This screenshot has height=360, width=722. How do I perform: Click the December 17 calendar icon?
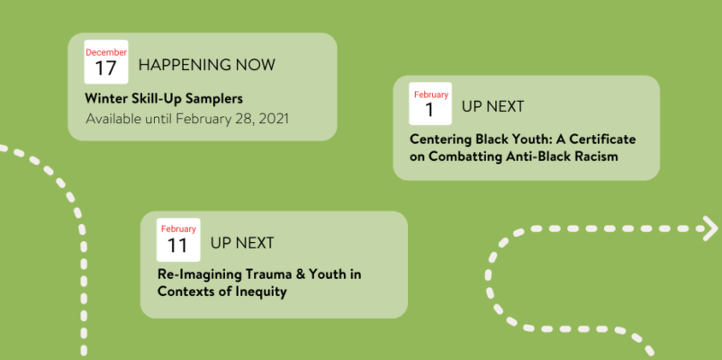[x=106, y=62]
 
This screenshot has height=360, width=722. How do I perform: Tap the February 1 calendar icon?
[x=430, y=103]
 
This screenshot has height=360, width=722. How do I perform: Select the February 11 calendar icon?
[x=178, y=239]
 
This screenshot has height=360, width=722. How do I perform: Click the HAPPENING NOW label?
[x=207, y=65]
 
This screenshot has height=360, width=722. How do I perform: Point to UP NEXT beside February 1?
[x=492, y=107]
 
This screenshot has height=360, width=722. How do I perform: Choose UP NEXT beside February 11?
[x=242, y=243]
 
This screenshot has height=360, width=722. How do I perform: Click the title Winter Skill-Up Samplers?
[x=164, y=98]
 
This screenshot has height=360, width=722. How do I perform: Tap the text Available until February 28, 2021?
[x=187, y=119]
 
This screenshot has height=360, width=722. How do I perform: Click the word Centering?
[x=439, y=139]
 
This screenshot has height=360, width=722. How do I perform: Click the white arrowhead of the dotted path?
[x=710, y=229]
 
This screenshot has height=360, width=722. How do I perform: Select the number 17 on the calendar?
[x=106, y=68]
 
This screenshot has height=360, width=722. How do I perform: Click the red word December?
[x=106, y=52]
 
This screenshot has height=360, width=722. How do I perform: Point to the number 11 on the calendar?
[x=177, y=246]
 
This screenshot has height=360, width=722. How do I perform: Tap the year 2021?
[x=274, y=119]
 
